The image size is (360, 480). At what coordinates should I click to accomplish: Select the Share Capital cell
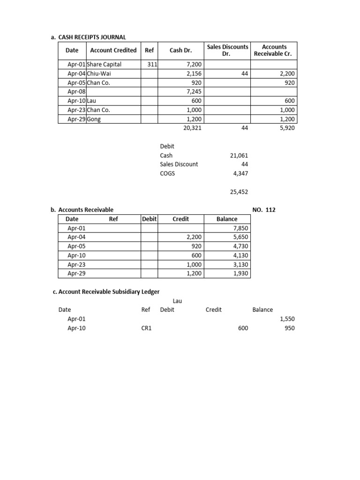104,64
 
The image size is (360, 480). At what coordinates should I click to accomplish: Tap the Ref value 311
152,64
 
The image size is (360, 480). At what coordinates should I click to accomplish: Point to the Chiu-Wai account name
99,74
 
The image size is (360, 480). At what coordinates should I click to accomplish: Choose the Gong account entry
94,119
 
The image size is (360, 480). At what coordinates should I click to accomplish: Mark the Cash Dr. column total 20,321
192,127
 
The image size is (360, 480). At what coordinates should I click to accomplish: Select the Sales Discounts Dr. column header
227,50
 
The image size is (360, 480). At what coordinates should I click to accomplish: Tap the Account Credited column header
113,50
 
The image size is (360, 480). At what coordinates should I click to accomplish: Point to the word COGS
167,173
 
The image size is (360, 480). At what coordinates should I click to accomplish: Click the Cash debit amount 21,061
239,155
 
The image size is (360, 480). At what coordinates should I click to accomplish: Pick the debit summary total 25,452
239,192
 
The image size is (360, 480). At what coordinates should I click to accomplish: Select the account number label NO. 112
264,210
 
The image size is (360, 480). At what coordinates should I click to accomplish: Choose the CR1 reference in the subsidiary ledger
146,328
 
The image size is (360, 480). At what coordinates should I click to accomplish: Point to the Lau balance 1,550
287,319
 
